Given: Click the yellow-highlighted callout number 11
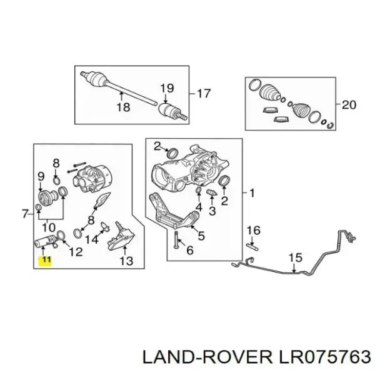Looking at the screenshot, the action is click(x=46, y=259).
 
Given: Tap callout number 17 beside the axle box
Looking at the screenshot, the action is click(x=203, y=94).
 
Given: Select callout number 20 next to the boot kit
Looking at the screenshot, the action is click(x=349, y=105).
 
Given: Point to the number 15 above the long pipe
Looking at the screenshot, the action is click(x=296, y=257).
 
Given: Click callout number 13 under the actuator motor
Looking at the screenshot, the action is click(x=126, y=261).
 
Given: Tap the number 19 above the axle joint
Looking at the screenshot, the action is click(x=167, y=88).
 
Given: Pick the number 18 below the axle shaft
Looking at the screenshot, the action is click(x=123, y=107).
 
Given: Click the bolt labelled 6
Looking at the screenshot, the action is click(x=176, y=240).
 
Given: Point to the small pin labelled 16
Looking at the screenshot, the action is click(x=252, y=246).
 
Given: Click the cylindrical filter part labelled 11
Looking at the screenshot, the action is click(x=46, y=241).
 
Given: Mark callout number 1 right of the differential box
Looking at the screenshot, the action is click(x=252, y=193).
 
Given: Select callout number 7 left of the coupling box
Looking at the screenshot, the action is click(x=26, y=214).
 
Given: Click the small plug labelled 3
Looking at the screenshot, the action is click(x=212, y=192).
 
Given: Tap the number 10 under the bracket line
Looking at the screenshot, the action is click(x=49, y=228).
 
